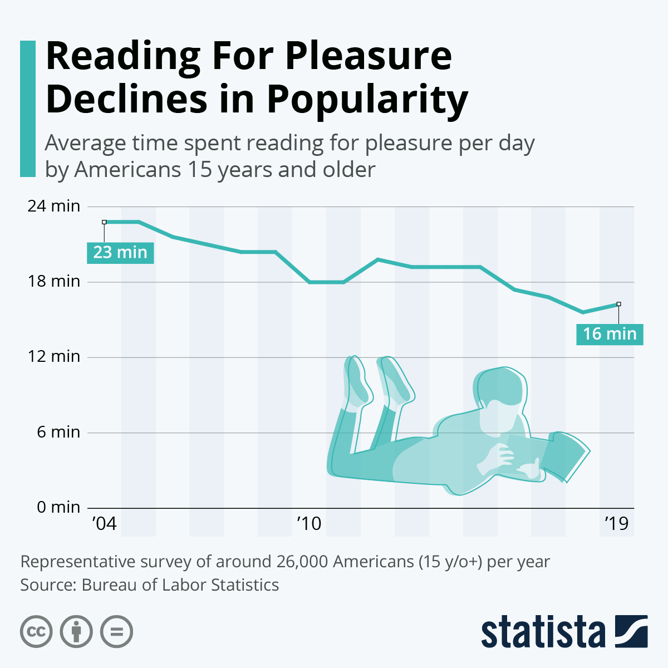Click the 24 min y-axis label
tap(54, 206)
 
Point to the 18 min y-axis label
tap(54, 281)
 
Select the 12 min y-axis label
tap(54, 356)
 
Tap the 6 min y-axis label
tap(58, 432)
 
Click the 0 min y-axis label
tap(58, 507)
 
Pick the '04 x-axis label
tap(104, 524)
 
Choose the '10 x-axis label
tap(309, 524)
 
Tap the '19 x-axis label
tap(616, 524)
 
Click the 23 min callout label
tap(120, 252)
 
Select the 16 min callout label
tap(610, 334)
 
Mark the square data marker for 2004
tap(104, 222)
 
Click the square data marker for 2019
tap(618, 304)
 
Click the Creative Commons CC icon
tap(36, 632)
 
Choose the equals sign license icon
tap(116, 632)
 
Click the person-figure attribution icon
tap(76, 632)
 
